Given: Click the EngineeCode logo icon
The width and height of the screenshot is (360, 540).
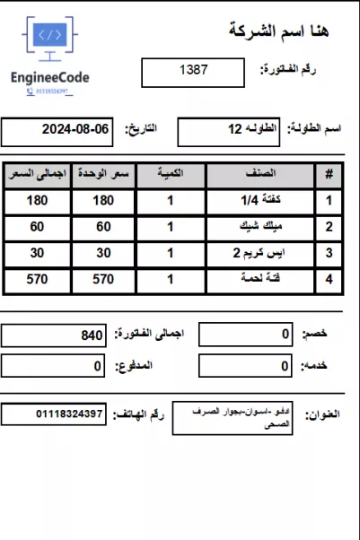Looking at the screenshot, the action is (x=49, y=38).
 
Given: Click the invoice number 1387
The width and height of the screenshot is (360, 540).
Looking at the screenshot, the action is (x=193, y=70).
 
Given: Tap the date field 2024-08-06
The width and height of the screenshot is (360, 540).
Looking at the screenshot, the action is (x=57, y=131).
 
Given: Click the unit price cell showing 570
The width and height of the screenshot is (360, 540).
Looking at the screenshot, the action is (x=104, y=279).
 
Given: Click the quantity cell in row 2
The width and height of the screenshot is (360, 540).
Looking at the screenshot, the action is (x=171, y=227).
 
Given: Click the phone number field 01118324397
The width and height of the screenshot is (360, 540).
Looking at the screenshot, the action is (x=54, y=415).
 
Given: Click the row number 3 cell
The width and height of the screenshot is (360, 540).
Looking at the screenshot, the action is (x=329, y=253).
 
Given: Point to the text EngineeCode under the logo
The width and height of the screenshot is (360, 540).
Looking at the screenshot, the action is (x=50, y=78).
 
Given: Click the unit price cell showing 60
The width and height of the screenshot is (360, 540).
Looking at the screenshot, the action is (x=104, y=227).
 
